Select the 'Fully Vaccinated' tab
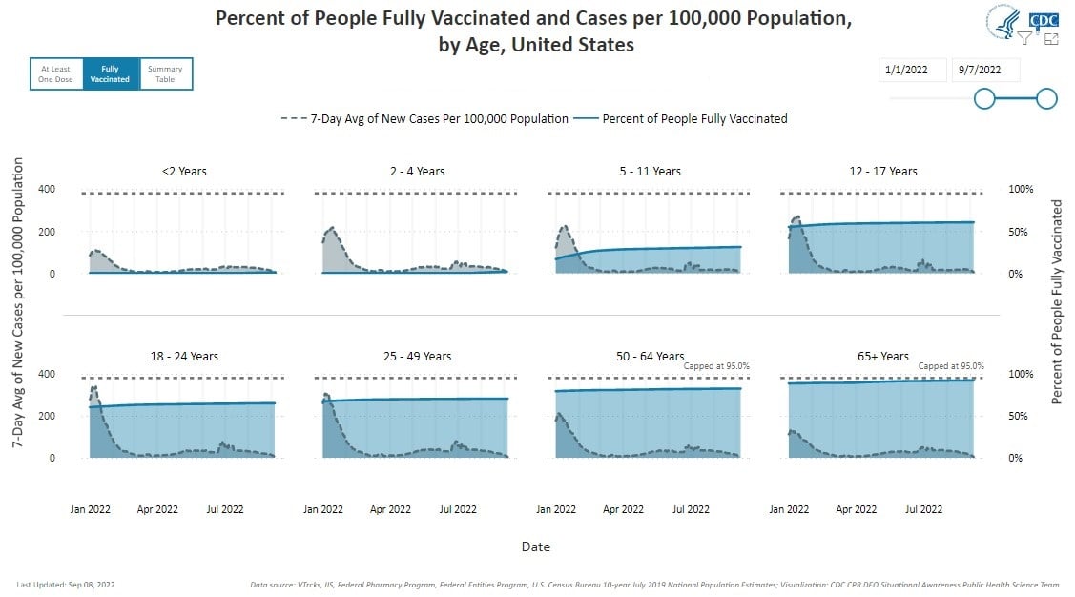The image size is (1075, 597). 111,73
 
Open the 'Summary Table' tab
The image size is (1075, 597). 166,73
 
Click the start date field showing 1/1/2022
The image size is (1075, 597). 912,70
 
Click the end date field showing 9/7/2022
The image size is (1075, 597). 985,70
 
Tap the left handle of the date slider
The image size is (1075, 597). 984,98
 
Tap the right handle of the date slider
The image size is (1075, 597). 1046,98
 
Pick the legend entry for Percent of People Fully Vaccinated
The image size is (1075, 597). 682,119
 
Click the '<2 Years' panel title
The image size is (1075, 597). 184,172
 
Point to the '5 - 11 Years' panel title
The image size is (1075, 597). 650,172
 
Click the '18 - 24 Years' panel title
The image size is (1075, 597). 184,357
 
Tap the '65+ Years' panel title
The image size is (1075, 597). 882,357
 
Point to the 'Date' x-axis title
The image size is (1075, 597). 535,547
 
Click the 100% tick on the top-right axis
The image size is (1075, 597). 1023,190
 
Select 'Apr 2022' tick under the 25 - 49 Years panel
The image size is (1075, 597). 389,510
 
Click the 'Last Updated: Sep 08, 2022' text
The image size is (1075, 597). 66,584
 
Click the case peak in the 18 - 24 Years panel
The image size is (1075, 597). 93,387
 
